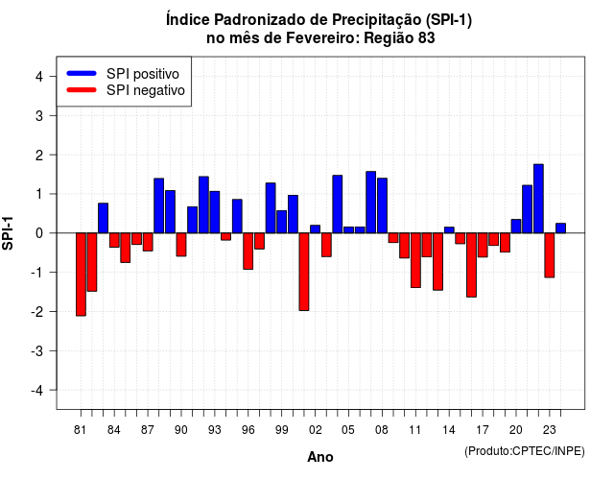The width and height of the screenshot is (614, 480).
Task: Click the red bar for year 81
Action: tap(81, 275)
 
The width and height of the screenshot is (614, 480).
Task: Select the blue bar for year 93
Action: tap(215, 212)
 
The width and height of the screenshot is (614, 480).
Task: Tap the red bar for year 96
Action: tap(248, 252)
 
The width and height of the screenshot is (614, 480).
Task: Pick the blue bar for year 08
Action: tap(382, 205)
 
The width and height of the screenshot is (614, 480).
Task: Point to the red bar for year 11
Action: tap(415, 260)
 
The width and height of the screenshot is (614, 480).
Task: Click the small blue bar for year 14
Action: tap(449, 230)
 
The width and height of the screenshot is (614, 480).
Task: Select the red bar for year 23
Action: tap(550, 255)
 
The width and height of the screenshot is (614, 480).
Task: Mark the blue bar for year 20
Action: tap(516, 227)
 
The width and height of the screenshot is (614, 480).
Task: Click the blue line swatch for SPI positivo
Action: tap(82, 73)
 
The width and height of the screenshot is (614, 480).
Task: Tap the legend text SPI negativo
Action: tap(146, 90)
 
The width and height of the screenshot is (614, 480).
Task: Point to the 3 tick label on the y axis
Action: tap(39, 115)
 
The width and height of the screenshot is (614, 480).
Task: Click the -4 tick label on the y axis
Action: tap(37, 391)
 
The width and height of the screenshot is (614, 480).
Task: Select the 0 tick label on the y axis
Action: tap(39, 233)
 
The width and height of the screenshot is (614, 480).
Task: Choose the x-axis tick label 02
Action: tap(316, 430)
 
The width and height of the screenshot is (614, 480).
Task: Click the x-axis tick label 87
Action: tap(148, 430)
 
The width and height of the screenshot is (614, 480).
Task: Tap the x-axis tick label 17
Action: tap(483, 430)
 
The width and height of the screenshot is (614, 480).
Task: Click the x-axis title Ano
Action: tap(320, 457)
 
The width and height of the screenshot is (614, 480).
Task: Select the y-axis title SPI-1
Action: tap(8, 233)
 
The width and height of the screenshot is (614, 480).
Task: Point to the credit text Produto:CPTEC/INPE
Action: tap(525, 451)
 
